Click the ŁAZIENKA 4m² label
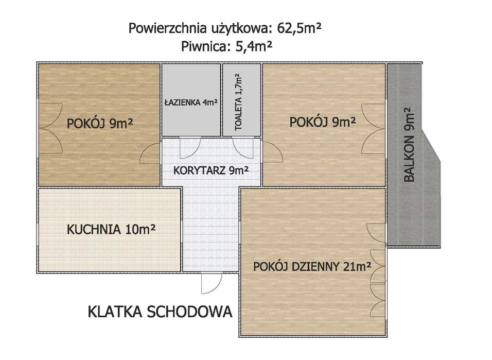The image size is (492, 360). pos(191,102)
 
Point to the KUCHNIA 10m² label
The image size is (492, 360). pos(111,230)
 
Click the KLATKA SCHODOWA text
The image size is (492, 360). pos(161,312)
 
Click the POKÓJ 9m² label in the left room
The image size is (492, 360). pos(103,124)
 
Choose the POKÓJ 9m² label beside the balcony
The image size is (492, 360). pos(323,122)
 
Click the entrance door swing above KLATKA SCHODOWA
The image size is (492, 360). pos(210,282)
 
